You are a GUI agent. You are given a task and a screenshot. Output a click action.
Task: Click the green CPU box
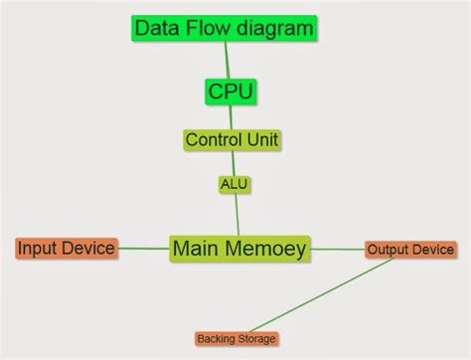(231, 91)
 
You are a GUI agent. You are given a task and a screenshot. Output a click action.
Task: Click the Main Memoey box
(239, 248)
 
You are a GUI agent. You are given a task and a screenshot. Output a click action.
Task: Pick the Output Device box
(409, 250)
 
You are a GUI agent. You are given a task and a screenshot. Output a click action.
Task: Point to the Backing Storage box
(235, 339)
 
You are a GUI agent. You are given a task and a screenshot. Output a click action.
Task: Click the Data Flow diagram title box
(224, 29)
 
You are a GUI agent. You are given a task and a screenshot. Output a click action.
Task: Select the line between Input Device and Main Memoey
(143, 248)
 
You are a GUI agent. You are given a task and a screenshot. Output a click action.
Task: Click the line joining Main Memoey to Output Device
(338, 249)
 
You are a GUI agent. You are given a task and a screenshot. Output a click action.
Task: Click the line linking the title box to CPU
(228, 60)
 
